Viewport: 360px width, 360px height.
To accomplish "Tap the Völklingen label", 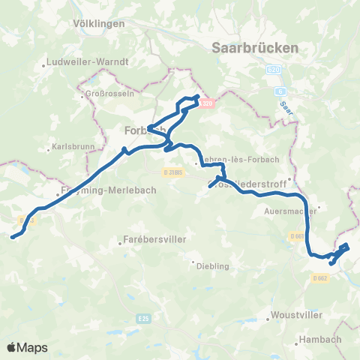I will point(99,23).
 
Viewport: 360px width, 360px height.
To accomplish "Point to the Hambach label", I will point(319,339).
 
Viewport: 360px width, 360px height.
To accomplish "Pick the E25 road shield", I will point(142,319).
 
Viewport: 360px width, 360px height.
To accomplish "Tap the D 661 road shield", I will point(296,236).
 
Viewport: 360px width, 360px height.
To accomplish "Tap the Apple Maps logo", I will point(27,347).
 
